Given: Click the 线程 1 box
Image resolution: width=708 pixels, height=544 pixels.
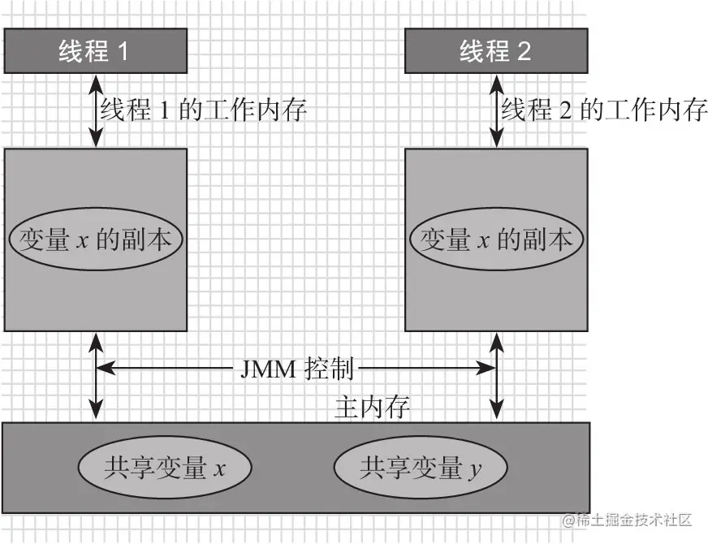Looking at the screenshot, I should coord(95,51).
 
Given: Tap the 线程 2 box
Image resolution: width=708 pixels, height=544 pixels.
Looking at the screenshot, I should coord(495,51).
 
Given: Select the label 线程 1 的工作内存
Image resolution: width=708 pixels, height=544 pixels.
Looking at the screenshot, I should coord(203,109).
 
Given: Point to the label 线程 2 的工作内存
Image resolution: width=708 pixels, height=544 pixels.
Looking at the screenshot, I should coord(603,109).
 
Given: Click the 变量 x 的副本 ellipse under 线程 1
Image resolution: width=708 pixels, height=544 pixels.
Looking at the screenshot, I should coord(96,240).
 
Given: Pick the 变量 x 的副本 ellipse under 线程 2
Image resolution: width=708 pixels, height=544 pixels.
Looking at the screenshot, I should coord(496,240).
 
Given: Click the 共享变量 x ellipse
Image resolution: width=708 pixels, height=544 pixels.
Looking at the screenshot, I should coord(165,468).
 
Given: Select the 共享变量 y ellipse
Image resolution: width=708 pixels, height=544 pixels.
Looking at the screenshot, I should coord(421,468).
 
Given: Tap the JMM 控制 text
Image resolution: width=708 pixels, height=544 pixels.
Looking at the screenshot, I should coord(297,369).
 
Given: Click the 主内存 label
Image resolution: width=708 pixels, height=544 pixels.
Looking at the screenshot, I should coord(372,407).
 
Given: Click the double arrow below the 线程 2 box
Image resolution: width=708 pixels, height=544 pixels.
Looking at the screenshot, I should coord(495,110).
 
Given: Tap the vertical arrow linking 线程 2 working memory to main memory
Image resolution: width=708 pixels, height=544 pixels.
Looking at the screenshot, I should coord(495,390).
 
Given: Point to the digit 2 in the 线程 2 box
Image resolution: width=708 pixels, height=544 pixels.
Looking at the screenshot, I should coord(522,52).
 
